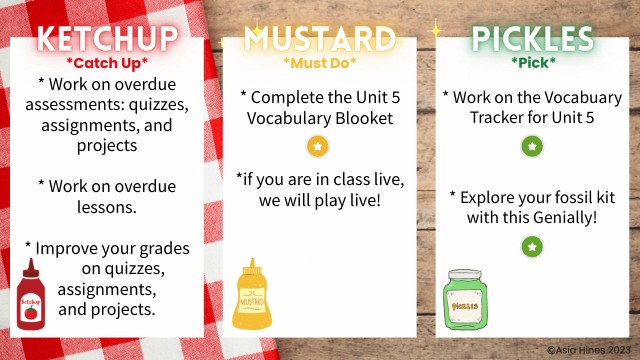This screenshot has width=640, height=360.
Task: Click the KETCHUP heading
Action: click(x=108, y=39)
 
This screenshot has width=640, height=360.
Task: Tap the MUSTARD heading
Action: click(x=320, y=39)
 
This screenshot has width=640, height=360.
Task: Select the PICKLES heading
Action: click(x=532, y=39)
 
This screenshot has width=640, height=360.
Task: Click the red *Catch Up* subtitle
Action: click(x=107, y=61)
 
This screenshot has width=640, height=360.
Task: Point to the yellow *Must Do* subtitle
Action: click(x=319, y=63)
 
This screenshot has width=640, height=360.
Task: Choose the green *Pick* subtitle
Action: click(x=532, y=63)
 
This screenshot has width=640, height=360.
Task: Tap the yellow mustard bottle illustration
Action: click(x=251, y=294)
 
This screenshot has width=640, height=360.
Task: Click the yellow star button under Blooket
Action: click(x=318, y=147)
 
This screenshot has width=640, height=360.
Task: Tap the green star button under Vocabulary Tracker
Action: click(x=532, y=147)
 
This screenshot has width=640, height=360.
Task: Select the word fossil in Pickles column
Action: click(x=569, y=193)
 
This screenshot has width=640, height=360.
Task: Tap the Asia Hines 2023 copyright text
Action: click(x=587, y=351)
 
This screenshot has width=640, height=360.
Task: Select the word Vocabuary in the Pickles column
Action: click(x=578, y=97)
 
